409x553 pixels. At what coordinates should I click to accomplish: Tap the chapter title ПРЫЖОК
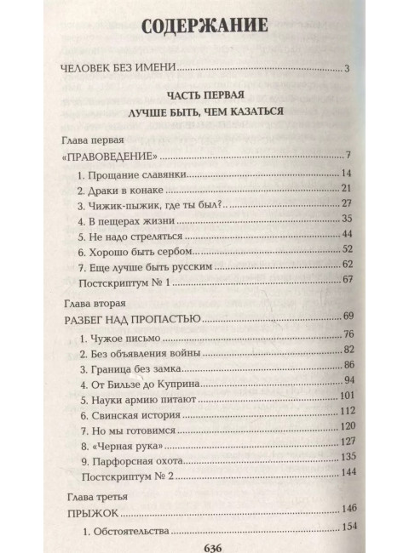[x=89, y=515]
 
